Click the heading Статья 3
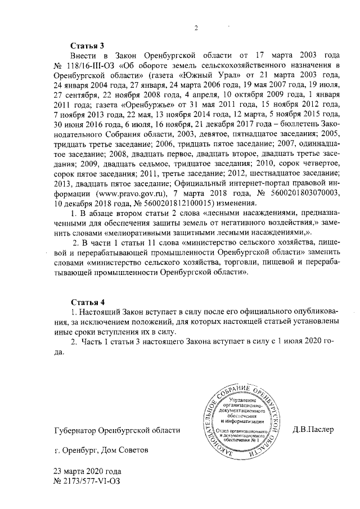[x=86, y=46]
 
